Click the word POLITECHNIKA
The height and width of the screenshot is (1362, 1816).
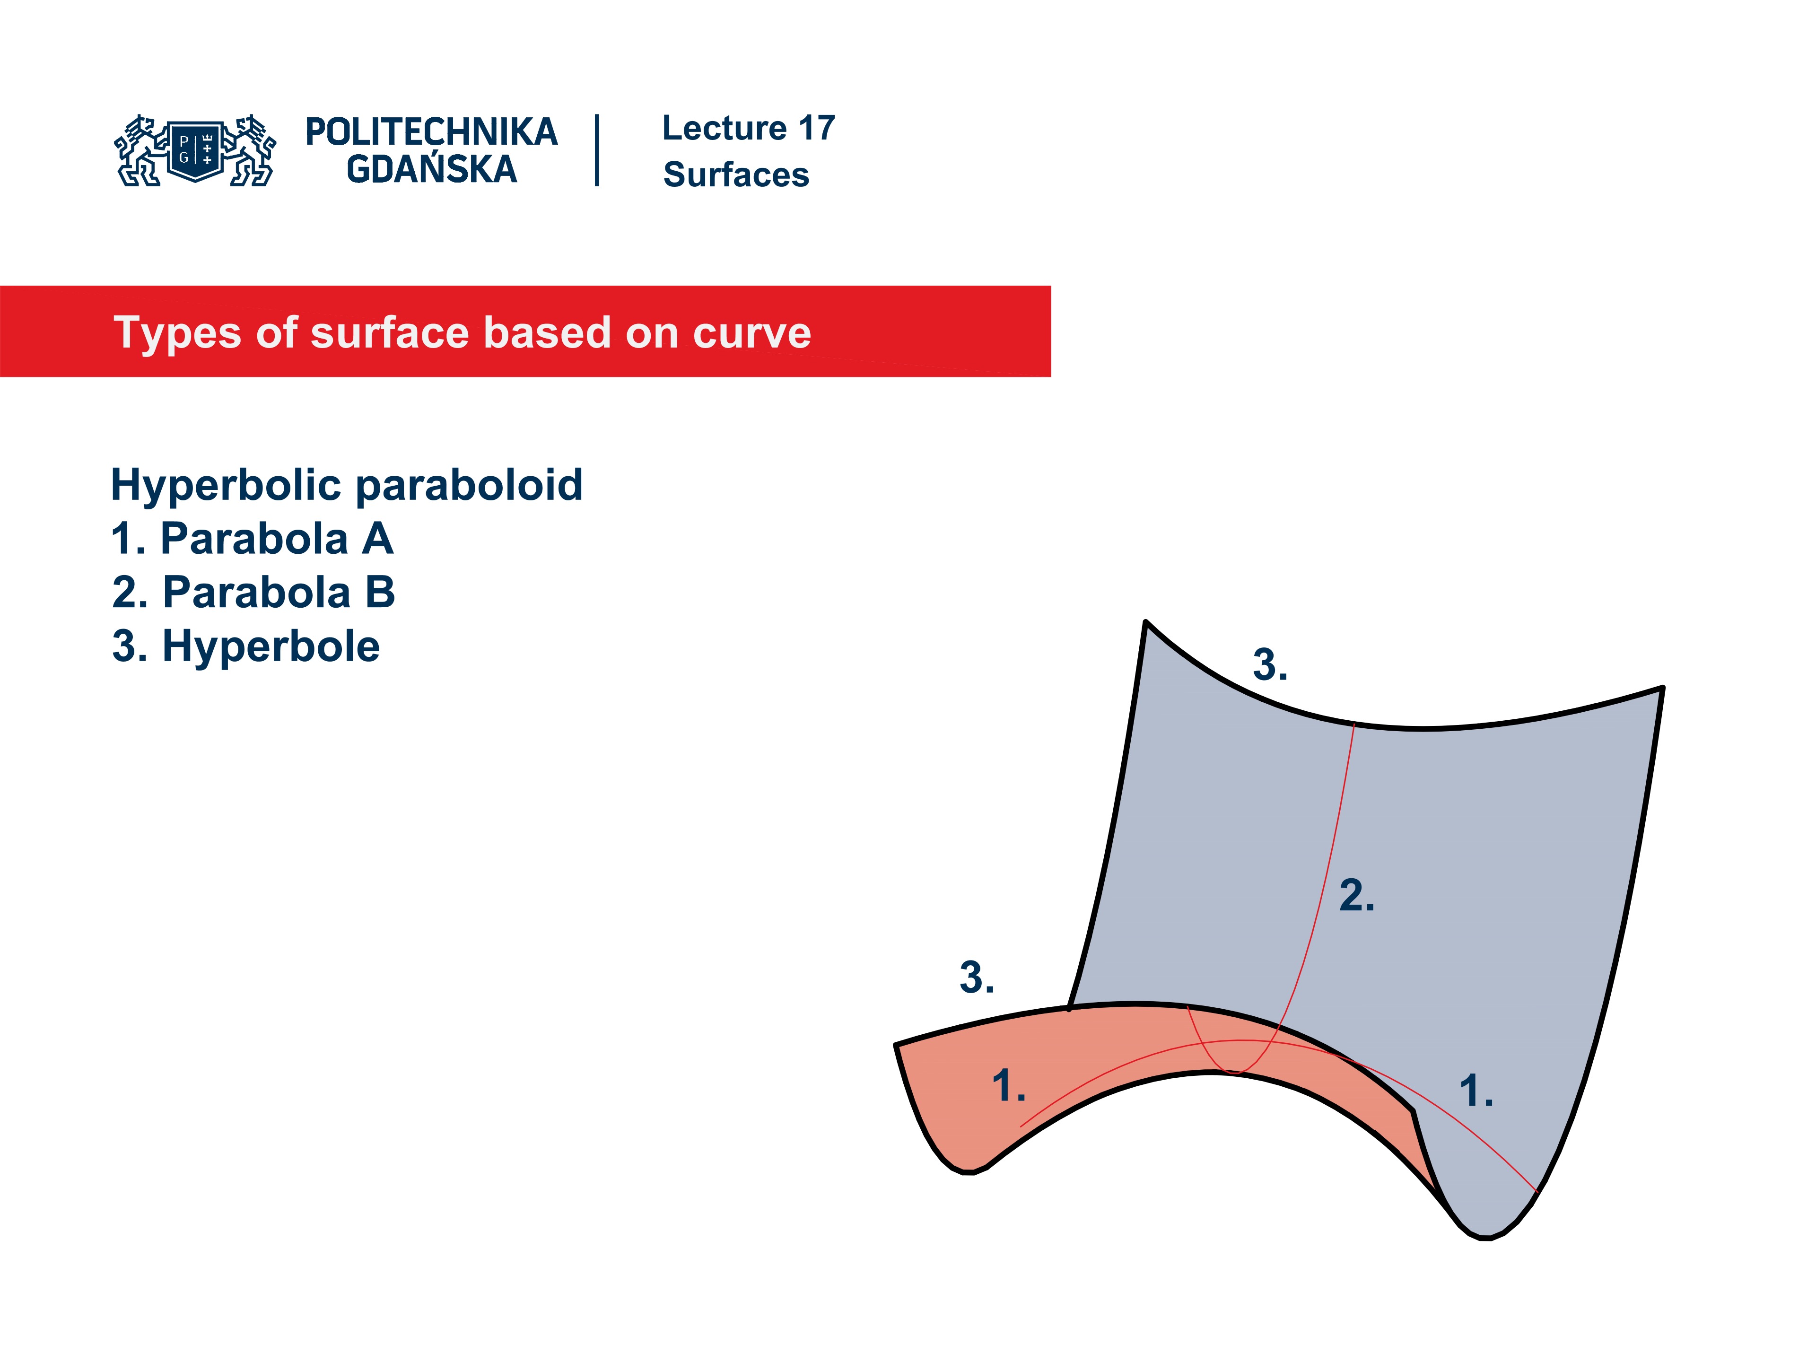(431, 132)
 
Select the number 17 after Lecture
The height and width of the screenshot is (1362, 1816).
(816, 128)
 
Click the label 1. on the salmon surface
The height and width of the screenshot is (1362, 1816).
(1008, 1086)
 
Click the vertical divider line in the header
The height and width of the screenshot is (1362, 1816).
(597, 150)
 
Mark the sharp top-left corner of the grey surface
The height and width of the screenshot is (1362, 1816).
(1146, 623)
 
